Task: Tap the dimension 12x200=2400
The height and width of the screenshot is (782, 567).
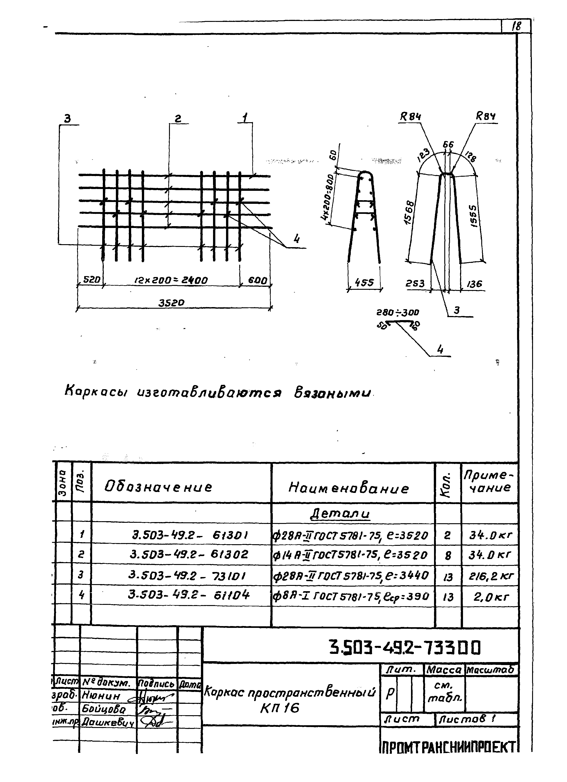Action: [171, 280]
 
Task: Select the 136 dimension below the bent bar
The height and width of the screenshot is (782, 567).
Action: [474, 284]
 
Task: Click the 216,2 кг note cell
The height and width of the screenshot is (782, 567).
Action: [491, 575]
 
